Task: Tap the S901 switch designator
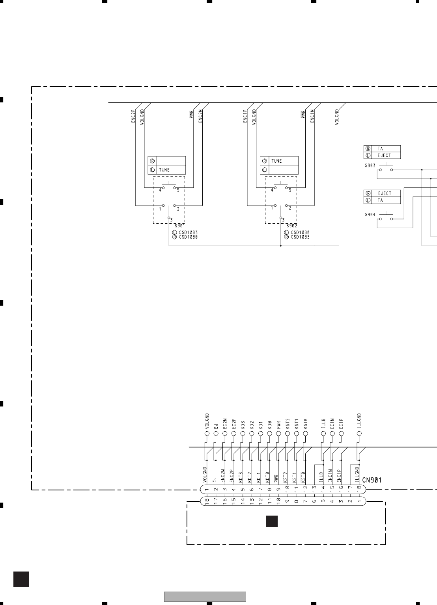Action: pos(179,226)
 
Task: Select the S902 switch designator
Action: pos(291,226)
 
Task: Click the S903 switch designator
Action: pos(370,165)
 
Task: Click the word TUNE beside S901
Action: pos(164,170)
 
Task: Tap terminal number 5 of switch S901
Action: pos(178,190)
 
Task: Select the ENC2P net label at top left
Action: pos(133,117)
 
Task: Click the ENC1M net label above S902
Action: pos(312,117)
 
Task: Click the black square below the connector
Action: pos(272,521)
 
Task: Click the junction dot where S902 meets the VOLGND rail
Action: pos(280,246)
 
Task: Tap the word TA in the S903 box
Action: pos(380,149)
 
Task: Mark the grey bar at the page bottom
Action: pos(205,597)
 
